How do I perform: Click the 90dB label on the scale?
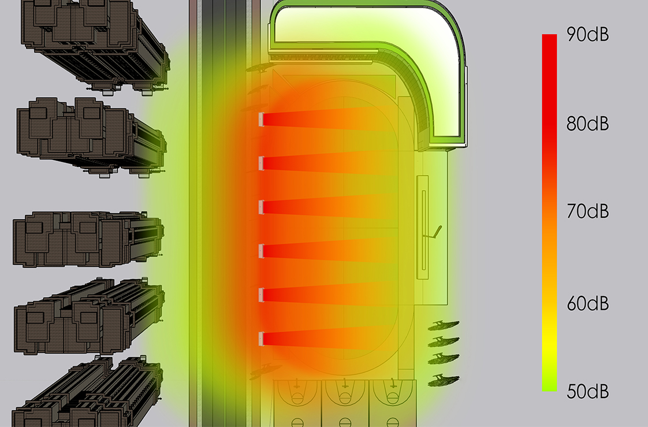click(588, 34)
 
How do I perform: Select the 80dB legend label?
click(588, 124)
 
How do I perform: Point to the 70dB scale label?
click(588, 211)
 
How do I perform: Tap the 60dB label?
click(588, 304)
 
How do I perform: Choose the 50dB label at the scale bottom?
click(588, 391)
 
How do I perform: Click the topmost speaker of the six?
click(261, 120)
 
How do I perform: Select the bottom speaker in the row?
click(261, 339)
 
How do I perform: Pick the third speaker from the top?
click(261, 207)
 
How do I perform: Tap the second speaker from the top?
click(261, 163)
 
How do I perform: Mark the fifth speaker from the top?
click(261, 295)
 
